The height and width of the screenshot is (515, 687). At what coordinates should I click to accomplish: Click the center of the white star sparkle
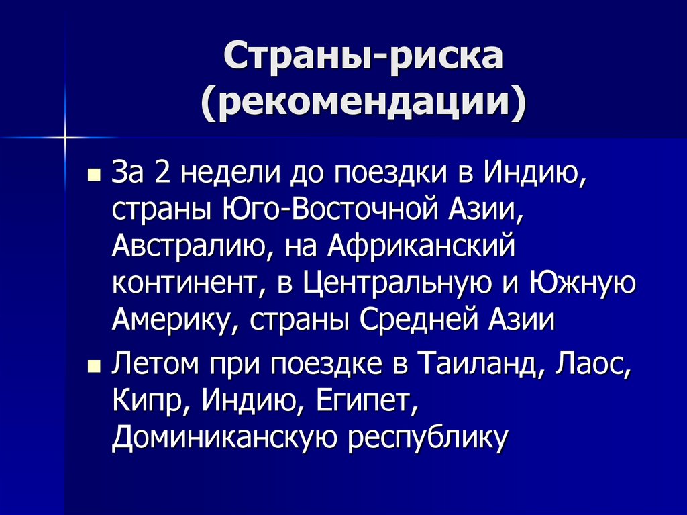[x=66, y=138]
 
